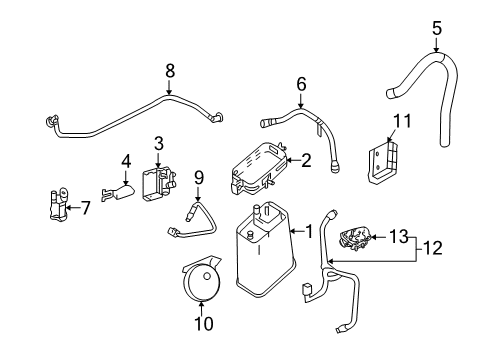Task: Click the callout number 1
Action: click(310, 232)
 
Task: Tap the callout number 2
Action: click(308, 157)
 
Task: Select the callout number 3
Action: click(158, 144)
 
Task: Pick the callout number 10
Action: click(205, 326)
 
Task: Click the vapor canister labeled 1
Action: click(263, 263)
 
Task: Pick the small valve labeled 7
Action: click(56, 208)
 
